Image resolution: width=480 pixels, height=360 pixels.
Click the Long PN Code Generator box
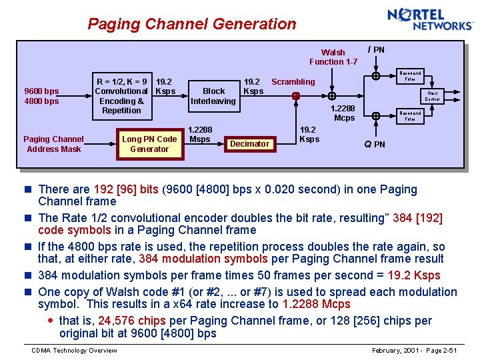click(149, 144)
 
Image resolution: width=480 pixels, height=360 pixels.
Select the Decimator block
click(249, 144)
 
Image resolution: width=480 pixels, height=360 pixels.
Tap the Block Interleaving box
click(213, 96)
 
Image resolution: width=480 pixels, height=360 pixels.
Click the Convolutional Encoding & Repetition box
click(121, 96)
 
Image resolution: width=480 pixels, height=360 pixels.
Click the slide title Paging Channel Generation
click(192, 24)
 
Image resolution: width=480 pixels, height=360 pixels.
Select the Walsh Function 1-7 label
click(333, 57)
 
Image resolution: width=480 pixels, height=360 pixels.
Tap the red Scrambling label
click(293, 82)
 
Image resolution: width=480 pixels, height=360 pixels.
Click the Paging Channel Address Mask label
click(53, 144)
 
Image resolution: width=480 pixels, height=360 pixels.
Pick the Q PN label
click(374, 144)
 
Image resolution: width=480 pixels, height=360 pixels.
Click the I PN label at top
click(377, 49)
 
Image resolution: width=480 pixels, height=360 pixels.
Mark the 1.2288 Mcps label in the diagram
click(344, 113)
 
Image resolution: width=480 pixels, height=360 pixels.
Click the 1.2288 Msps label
click(200, 135)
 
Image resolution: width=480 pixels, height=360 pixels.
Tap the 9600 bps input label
click(41, 91)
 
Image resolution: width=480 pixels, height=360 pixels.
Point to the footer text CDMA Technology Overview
click(74, 351)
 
